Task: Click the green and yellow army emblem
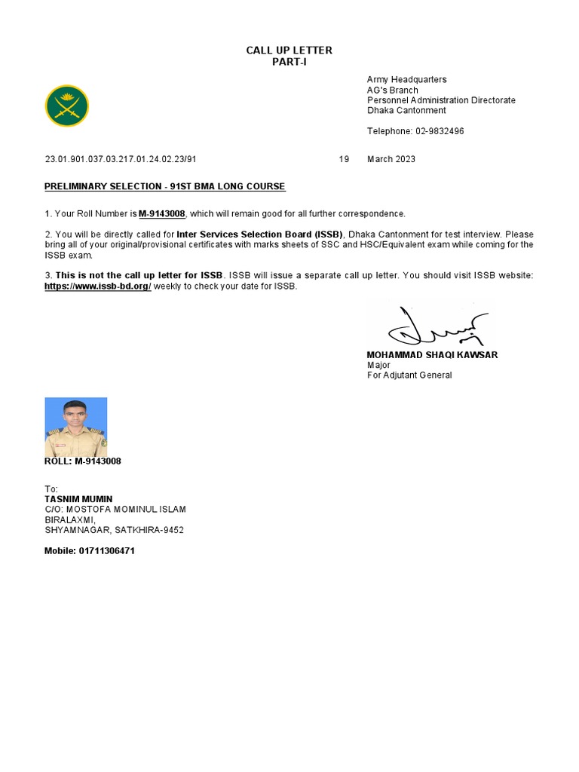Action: [x=67, y=106]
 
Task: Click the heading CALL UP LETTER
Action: [x=289, y=51]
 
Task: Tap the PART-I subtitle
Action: [x=289, y=62]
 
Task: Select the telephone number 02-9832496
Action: [x=440, y=131]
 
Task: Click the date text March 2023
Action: [x=391, y=160]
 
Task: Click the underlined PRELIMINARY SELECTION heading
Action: [x=165, y=186]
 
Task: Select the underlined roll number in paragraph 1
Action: [x=162, y=214]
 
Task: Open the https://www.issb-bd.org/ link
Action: [x=98, y=286]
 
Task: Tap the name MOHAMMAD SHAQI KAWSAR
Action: [x=432, y=354]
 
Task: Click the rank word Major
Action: [x=378, y=365]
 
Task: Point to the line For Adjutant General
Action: [x=409, y=375]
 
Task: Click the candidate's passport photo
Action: [x=76, y=427]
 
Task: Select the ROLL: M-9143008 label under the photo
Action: [x=83, y=461]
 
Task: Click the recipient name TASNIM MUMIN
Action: [x=78, y=499]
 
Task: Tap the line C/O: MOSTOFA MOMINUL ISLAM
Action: [x=115, y=510]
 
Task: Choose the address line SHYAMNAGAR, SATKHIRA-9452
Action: [x=115, y=530]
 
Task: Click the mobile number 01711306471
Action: [x=107, y=551]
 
